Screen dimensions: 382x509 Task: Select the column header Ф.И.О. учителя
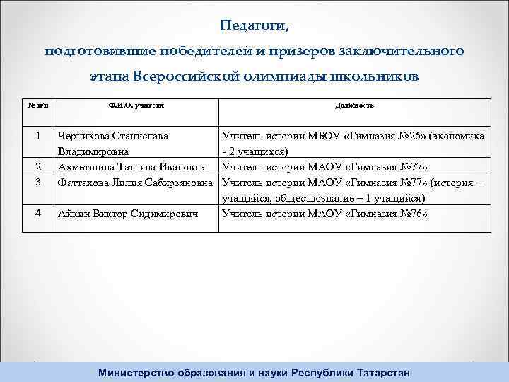136,105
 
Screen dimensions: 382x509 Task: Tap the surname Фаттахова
87,183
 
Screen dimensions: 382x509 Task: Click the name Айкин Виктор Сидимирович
127,212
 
